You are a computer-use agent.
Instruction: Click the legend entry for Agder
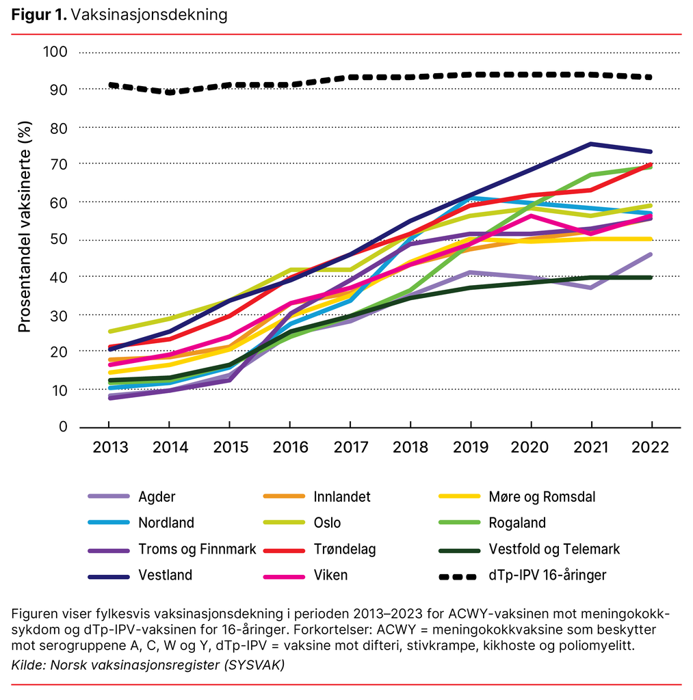[x=156, y=497]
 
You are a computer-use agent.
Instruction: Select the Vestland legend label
[x=165, y=575]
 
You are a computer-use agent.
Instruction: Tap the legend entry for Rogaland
[x=517, y=523]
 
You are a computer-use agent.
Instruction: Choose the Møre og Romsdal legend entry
[x=542, y=497]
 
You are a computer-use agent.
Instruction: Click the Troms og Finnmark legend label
[x=197, y=549]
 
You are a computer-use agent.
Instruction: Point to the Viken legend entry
[x=330, y=575]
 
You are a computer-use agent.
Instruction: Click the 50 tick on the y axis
[x=59, y=239]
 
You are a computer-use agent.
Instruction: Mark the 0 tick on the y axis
[x=63, y=427]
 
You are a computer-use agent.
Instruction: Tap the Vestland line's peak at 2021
[x=590, y=144]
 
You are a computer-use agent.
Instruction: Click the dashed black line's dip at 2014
[x=170, y=92]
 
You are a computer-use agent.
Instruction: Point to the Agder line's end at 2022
[x=650, y=254]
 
